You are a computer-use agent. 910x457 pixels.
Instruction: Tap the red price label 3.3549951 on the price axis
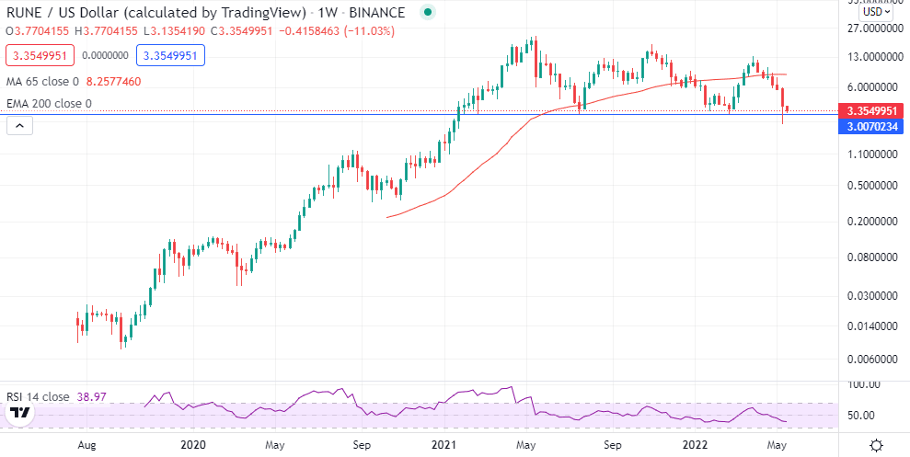pyautogui.click(x=872, y=110)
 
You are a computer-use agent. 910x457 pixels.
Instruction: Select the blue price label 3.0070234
pyautogui.click(x=872, y=126)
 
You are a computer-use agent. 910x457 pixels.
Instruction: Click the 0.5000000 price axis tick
pyautogui.click(x=871, y=186)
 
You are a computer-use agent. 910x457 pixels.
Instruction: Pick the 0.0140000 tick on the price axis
pyautogui.click(x=871, y=326)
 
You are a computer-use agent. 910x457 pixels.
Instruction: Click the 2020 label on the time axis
pyautogui.click(x=193, y=445)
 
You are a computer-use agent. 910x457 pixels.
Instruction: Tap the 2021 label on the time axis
pyautogui.click(x=444, y=445)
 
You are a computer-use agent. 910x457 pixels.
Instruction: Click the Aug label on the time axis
pyautogui.click(x=87, y=445)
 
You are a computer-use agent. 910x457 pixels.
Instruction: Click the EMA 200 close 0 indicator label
pyautogui.click(x=49, y=104)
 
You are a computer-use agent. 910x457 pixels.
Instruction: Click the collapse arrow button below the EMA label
pyautogui.click(x=18, y=125)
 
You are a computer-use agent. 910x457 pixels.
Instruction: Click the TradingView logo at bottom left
pyautogui.click(x=19, y=417)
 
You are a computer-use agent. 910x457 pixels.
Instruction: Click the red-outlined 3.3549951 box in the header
pyautogui.click(x=39, y=55)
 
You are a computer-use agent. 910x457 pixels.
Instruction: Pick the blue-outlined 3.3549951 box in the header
pyautogui.click(x=170, y=55)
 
